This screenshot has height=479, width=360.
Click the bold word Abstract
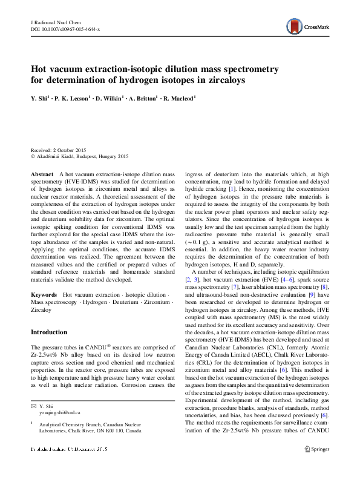pyautogui.click(x=42, y=174)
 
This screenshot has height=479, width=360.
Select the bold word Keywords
pyautogui.click(x=44, y=294)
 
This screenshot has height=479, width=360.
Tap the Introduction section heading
pyautogui.click(x=49, y=332)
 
